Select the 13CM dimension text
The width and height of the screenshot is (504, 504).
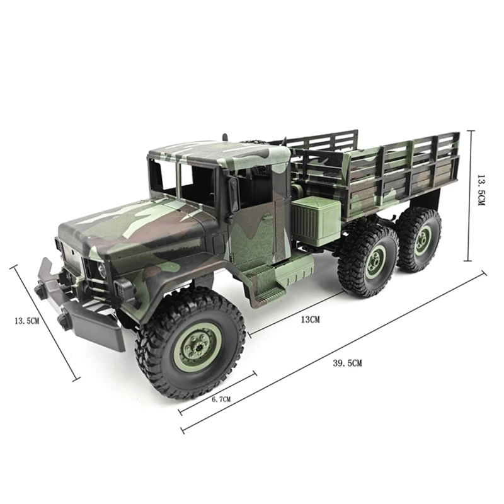point(310,319)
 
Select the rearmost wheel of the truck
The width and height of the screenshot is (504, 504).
point(419,239)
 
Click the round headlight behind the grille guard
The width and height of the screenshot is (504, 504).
point(101,270)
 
